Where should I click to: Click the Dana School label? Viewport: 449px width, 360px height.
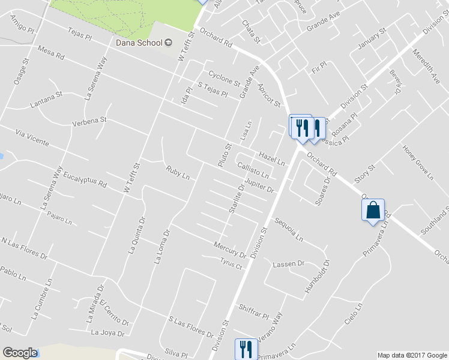(139, 42)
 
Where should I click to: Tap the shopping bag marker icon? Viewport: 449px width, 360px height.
(372, 211)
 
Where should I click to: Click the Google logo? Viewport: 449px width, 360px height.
(20, 353)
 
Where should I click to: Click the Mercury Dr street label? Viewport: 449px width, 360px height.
(230, 247)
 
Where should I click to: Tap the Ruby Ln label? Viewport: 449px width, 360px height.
(178, 173)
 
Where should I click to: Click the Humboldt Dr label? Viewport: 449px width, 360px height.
(317, 277)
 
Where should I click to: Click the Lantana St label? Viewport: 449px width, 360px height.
(47, 100)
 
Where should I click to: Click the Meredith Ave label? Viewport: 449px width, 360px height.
(426, 66)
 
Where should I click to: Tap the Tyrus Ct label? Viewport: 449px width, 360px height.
(231, 262)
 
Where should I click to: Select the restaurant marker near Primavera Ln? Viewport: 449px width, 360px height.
(246, 348)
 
